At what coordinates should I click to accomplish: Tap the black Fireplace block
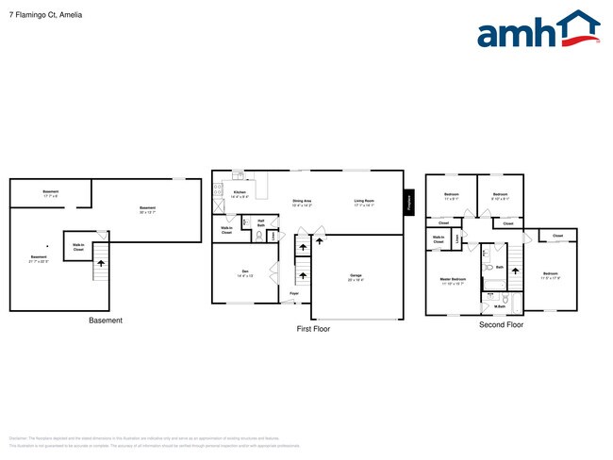click(x=408, y=202)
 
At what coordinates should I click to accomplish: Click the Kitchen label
click(x=240, y=193)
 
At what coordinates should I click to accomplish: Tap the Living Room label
click(x=364, y=200)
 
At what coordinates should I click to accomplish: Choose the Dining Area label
click(x=302, y=200)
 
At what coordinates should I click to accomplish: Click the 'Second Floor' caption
click(x=501, y=324)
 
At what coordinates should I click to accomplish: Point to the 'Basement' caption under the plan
click(x=105, y=320)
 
